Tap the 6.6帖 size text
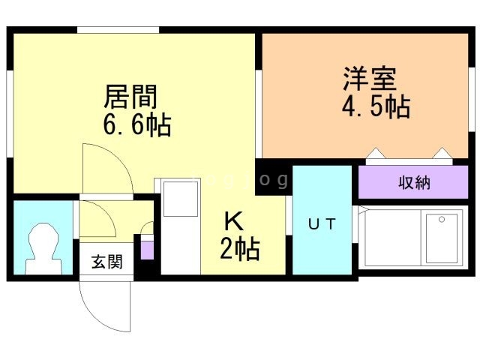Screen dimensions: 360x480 point(137,125)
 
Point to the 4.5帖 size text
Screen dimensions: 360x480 point(376,107)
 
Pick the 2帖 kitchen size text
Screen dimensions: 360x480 point(240,250)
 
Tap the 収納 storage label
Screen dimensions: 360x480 point(413,182)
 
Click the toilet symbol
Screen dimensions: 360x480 point(43,248)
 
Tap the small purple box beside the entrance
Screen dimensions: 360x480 point(147,248)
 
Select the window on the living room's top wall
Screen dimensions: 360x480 point(118,30)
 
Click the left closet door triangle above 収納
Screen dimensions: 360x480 point(375,155)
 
